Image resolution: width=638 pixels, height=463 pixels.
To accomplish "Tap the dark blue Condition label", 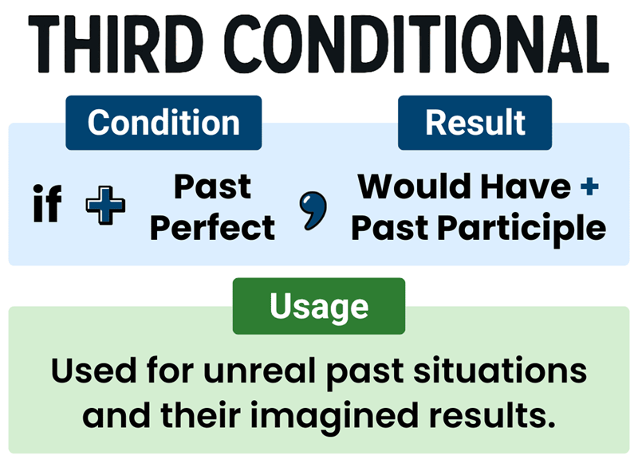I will [x=163, y=123].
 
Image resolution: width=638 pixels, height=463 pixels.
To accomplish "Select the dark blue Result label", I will [x=475, y=123].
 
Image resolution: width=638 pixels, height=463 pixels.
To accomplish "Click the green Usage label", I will [x=318, y=306].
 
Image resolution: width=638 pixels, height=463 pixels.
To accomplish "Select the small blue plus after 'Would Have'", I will [x=589, y=187].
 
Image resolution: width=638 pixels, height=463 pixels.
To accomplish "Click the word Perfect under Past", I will [x=212, y=228].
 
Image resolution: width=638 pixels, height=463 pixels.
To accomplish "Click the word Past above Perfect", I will [x=212, y=187].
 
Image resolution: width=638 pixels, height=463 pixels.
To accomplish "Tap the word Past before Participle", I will [x=392, y=229].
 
